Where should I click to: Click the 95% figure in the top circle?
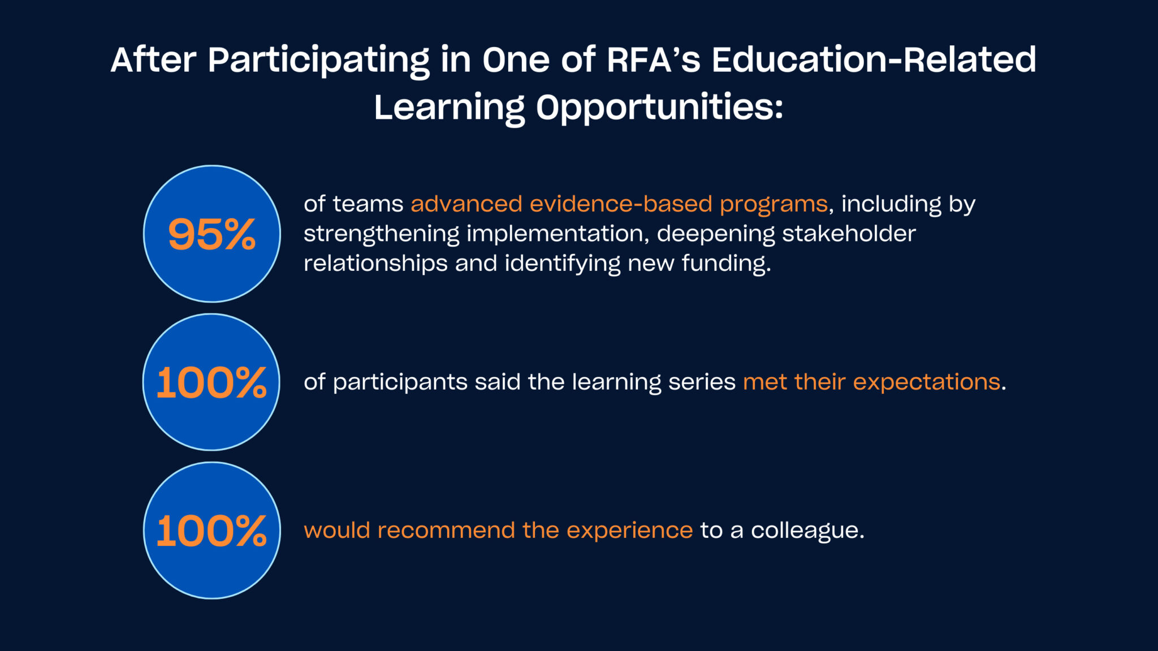212,234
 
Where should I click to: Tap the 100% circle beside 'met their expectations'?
211,382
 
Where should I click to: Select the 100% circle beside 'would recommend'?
211,531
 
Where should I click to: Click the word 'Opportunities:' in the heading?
659,107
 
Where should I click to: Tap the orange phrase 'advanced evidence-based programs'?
619,204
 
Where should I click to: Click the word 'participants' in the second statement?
400,382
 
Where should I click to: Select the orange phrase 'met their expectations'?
871,382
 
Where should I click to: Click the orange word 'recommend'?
446,531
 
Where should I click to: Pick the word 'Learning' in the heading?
450,107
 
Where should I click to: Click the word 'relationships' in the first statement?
375,264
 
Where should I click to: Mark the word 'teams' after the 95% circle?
368,204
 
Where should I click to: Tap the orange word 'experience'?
629,531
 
